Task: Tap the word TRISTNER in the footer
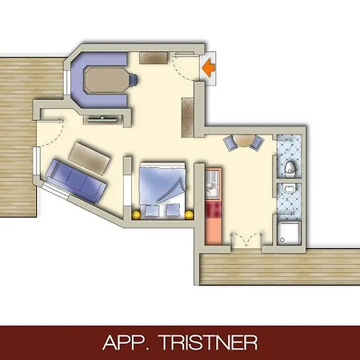coord(211,342)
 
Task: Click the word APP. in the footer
coord(128,342)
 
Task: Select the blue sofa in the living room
coord(74,180)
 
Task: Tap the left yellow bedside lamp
coord(136,214)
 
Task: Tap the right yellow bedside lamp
coord(189,214)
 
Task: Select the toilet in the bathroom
coord(290,166)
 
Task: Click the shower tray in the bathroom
coord(290,233)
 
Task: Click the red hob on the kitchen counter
coord(212,212)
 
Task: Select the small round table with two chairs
coord(243,142)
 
